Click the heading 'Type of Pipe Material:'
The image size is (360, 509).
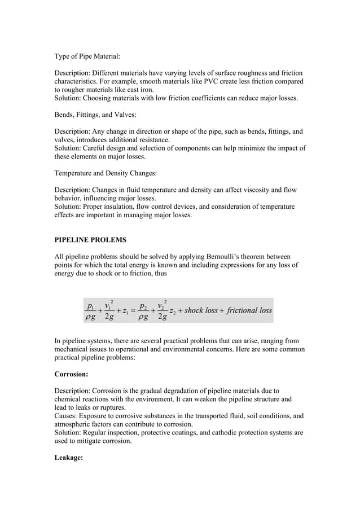click(x=87, y=56)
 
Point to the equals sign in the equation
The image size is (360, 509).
click(x=133, y=310)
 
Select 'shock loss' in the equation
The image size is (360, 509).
click(x=201, y=310)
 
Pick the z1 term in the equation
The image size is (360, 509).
click(x=123, y=311)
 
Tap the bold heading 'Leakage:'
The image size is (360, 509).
click(x=69, y=458)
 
